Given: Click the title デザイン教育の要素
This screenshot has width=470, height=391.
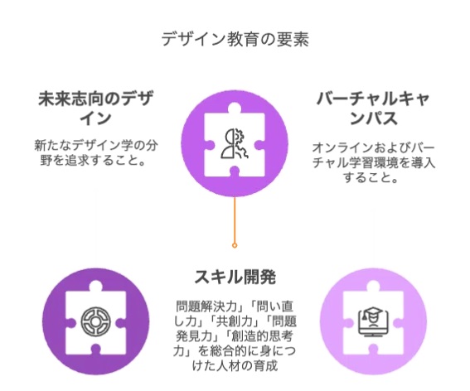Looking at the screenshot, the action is coord(235,39).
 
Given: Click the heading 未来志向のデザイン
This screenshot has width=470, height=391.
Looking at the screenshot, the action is coord(95,109).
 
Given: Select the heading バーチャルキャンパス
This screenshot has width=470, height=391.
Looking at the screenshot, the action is coord(373,109).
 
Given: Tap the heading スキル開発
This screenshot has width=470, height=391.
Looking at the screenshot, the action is coord(235,276).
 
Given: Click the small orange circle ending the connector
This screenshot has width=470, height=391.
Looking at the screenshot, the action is coord(235,245).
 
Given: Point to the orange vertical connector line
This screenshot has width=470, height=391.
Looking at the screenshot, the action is coord(235,220).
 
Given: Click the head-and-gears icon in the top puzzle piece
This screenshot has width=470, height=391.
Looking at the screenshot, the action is coord(235,143).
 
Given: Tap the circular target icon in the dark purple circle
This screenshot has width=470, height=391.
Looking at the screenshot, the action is coord(95,321).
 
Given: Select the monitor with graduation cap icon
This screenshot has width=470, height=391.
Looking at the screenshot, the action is coord(373,322).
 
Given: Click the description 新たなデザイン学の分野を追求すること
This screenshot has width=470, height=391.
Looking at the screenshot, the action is coord(95,153).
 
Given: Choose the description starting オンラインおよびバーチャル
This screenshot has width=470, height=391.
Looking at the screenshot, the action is coord(373,162).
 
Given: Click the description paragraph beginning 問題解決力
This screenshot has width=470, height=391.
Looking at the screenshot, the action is coord(235,335).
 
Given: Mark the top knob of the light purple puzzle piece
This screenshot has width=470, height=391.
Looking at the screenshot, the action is coord(373,286).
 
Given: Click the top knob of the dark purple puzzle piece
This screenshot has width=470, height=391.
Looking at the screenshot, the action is coord(95,286).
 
